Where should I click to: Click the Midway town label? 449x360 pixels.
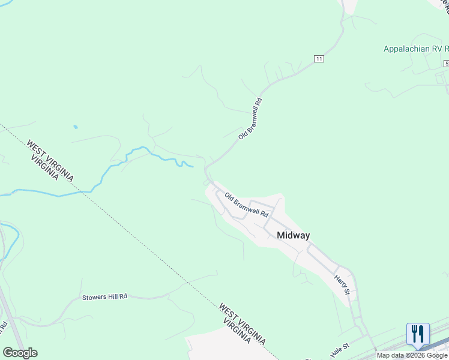pyautogui.click(x=294, y=235)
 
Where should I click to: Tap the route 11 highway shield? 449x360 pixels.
pyautogui.click(x=319, y=58)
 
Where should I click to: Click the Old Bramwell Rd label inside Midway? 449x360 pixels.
pyautogui.click(x=246, y=205)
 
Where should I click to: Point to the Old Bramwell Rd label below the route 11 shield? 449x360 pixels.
pyautogui.click(x=251, y=119)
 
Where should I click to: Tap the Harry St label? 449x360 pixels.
pyautogui.click(x=342, y=284)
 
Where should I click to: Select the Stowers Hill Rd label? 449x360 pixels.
pyautogui.click(x=104, y=296)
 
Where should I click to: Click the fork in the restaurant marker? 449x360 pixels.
pyautogui.click(x=414, y=333)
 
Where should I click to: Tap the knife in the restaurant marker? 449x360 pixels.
pyautogui.click(x=421, y=333)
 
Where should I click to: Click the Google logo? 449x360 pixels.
pyautogui.click(x=20, y=352)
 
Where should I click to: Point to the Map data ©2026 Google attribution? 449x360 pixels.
pyautogui.click(x=412, y=355)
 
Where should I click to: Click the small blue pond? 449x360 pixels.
pyautogui.click(x=75, y=127)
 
